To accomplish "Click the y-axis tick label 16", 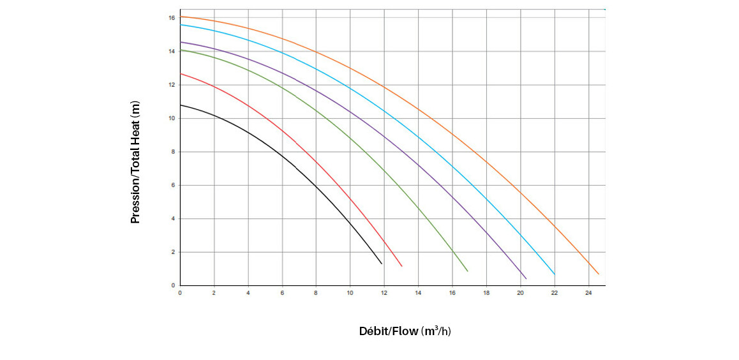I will [x=172, y=18].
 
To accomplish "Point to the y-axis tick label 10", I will [x=172, y=118].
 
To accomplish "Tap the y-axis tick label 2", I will [x=173, y=252].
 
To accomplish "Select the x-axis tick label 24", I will [x=588, y=293].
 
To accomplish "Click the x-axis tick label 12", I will [x=384, y=293].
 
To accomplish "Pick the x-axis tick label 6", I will [x=282, y=293].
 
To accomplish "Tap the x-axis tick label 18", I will [x=486, y=293].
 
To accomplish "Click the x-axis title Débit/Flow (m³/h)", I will [x=405, y=331].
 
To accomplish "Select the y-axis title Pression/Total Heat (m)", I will [x=135, y=162].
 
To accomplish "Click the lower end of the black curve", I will [x=382, y=264].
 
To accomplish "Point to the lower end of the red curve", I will [x=402, y=266].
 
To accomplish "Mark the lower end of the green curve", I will [x=468, y=271].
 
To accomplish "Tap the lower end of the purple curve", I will [x=526, y=279].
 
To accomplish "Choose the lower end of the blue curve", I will [x=555, y=274].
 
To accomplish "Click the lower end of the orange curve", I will [x=599, y=274].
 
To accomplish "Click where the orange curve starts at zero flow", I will [x=181, y=17].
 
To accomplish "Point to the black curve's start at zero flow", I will [x=181, y=105].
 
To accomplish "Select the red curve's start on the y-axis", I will [x=181, y=73].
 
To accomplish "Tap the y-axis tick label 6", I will [x=173, y=185].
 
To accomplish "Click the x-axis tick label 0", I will [x=180, y=293].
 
